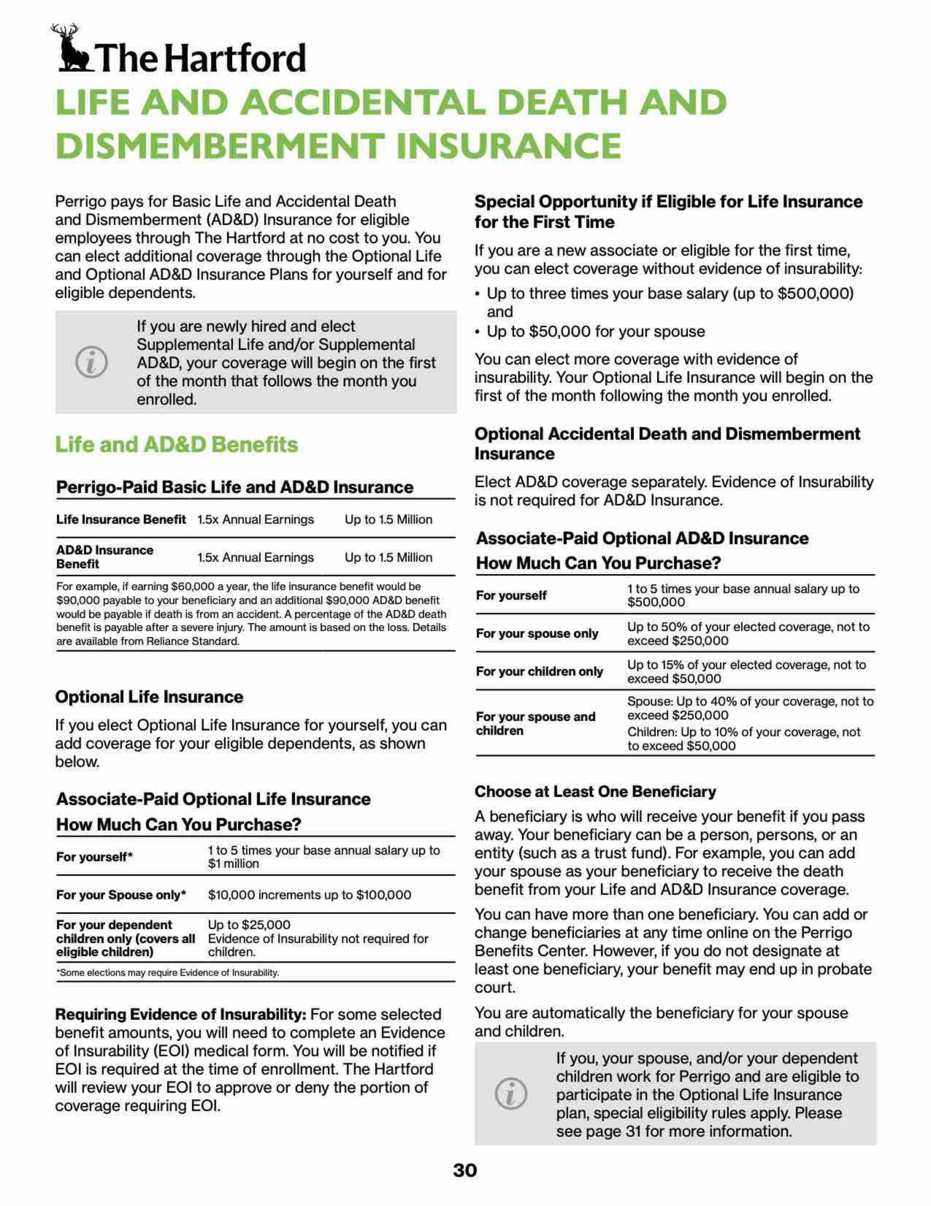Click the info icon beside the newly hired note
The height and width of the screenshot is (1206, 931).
click(92, 362)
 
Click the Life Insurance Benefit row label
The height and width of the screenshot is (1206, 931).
click(121, 520)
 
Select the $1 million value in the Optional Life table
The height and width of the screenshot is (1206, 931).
click(233, 864)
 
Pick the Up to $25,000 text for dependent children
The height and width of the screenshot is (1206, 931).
click(249, 924)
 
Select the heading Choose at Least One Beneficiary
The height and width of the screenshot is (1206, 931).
click(595, 792)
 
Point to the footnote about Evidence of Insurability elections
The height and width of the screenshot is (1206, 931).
click(168, 972)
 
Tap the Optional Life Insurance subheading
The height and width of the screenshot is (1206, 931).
click(149, 697)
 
